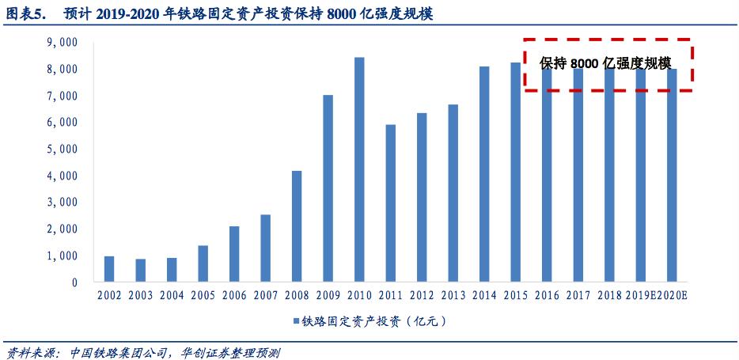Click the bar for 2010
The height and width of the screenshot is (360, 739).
(x=359, y=169)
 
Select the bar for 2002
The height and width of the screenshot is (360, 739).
(x=109, y=269)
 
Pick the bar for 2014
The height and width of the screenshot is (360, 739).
(x=484, y=174)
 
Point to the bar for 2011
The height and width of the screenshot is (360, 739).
(x=390, y=203)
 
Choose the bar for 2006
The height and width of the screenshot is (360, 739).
(x=234, y=254)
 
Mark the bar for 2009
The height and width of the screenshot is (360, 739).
(x=328, y=188)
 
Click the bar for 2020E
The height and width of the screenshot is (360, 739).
(x=672, y=175)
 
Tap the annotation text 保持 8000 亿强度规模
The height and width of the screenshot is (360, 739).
(x=605, y=64)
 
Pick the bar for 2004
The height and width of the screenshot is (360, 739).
(x=172, y=270)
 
